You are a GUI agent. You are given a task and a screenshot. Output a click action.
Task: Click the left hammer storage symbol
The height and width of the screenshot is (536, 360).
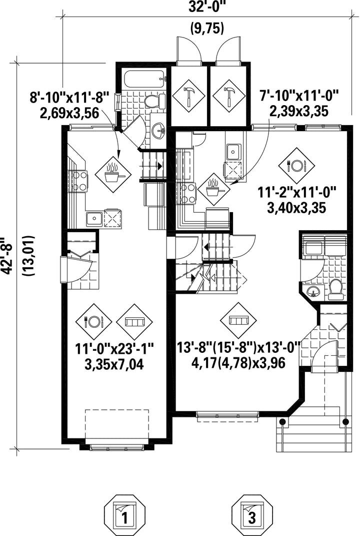pos(188,95)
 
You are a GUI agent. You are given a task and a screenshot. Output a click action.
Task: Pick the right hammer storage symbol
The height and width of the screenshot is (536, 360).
pos(228,95)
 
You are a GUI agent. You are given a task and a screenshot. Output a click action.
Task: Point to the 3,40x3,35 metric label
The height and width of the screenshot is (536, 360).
pos(292,207)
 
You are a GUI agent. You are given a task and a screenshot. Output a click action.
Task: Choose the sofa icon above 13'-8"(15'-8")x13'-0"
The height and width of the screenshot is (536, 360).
pos(237,320)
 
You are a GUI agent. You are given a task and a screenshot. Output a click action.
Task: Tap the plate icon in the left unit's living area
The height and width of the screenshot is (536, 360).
pos(93,321)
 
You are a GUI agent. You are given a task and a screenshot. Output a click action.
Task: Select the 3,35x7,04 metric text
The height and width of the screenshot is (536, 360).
pos(114,364)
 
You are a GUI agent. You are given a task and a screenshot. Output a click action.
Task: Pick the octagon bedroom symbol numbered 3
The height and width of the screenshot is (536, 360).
pos(252,514)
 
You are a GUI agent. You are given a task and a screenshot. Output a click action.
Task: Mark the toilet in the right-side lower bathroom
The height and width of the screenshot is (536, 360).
pos(335,289)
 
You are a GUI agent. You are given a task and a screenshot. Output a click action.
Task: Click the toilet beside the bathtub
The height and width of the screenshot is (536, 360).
pos(152,101)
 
